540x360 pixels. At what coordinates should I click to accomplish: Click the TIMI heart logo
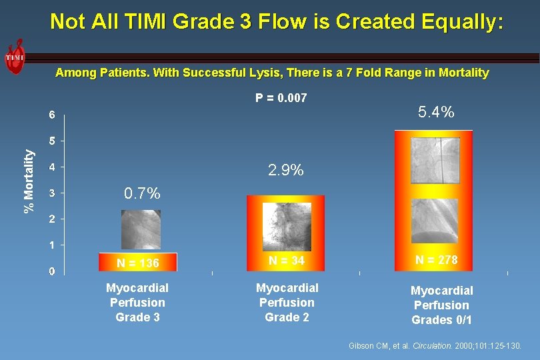14,57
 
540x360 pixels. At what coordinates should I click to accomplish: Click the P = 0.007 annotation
281,98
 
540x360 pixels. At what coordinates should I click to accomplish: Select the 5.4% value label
436,112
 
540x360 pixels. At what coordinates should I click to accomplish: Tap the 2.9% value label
286,170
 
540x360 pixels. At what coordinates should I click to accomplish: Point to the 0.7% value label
142,194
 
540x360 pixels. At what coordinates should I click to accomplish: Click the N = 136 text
138,263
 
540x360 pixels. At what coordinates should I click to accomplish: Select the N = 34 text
287,261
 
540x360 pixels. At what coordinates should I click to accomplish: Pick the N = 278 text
436,260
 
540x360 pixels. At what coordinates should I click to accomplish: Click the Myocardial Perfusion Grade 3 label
137,303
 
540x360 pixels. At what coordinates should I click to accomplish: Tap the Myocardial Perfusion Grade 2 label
287,303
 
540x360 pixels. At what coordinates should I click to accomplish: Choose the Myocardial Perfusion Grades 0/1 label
441,305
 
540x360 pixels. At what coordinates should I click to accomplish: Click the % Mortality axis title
29,180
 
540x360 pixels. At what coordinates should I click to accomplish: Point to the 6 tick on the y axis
52,115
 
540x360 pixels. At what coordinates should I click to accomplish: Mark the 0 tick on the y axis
52,271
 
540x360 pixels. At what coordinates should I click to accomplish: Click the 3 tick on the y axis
52,193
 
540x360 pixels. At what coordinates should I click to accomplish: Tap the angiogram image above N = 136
141,229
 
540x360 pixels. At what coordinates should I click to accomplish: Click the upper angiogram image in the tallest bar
435,160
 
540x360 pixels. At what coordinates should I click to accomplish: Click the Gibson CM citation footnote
435,346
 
